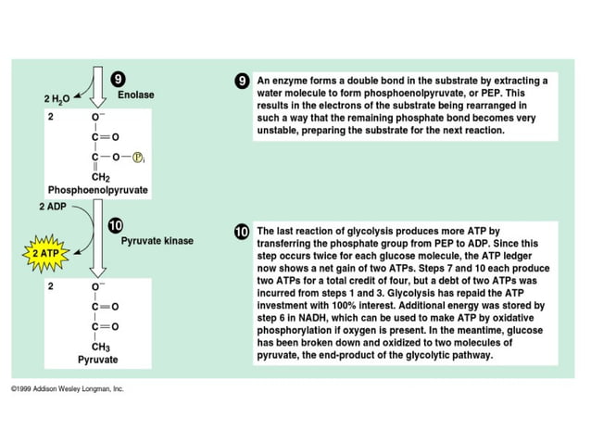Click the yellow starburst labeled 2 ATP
44,252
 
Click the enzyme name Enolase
135,95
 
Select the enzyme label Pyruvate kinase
157,241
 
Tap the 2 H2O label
57,97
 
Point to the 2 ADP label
54,205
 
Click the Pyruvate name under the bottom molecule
97,359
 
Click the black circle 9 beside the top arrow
119,79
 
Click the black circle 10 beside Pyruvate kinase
117,225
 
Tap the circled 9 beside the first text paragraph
242,81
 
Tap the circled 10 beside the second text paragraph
242,231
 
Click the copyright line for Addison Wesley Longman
67,389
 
